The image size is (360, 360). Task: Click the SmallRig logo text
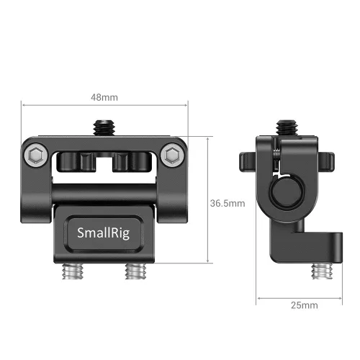(x=104, y=232)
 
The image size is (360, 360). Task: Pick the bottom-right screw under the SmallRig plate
(x=135, y=271)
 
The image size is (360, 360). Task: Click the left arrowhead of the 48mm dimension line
(x=27, y=104)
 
